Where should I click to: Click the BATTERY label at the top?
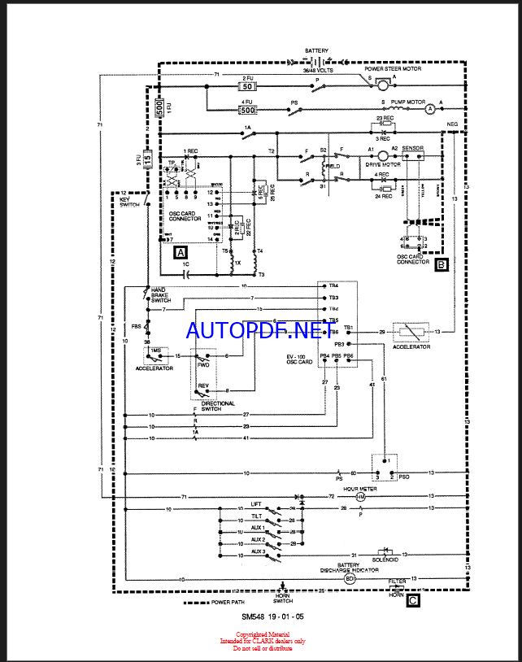(x=317, y=50)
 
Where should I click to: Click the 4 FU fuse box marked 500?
(x=248, y=109)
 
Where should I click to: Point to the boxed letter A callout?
(x=180, y=252)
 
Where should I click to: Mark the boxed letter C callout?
(x=413, y=602)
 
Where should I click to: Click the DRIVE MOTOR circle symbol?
(x=383, y=155)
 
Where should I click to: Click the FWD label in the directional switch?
(x=203, y=365)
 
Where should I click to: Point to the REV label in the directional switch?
(x=203, y=385)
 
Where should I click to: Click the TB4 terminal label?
(x=333, y=286)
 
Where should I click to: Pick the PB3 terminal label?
(x=350, y=344)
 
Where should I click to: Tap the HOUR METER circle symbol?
(x=362, y=496)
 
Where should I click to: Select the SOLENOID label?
(x=385, y=560)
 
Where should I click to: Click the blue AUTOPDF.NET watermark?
(x=254, y=329)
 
